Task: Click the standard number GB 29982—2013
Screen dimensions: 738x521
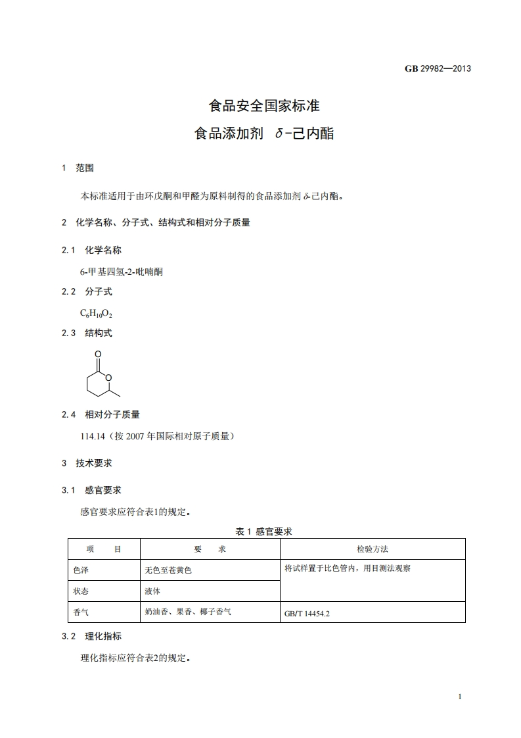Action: click(438, 68)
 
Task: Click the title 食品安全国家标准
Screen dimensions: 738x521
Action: click(264, 105)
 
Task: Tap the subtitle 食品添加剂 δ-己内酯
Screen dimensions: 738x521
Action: click(264, 134)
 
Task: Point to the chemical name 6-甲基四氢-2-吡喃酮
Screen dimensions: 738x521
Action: click(122, 271)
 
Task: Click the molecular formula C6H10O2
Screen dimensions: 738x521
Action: click(92, 312)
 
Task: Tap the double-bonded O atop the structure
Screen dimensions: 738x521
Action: click(98, 355)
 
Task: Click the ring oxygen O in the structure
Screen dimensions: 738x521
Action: click(109, 377)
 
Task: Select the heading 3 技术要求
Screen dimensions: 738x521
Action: click(87, 463)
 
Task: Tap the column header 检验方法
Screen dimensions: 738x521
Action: click(373, 549)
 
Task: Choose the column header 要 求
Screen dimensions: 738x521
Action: click(210, 549)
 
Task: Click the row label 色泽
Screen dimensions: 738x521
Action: click(81, 570)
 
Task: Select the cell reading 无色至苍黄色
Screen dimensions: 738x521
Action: click(168, 570)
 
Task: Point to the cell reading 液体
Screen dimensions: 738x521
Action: click(152, 591)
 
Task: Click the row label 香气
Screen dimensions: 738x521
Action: click(81, 612)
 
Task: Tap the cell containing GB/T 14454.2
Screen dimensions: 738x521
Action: click(307, 614)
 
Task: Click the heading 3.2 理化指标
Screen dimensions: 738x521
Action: click(91, 636)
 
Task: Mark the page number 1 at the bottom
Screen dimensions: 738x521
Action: click(461, 697)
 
